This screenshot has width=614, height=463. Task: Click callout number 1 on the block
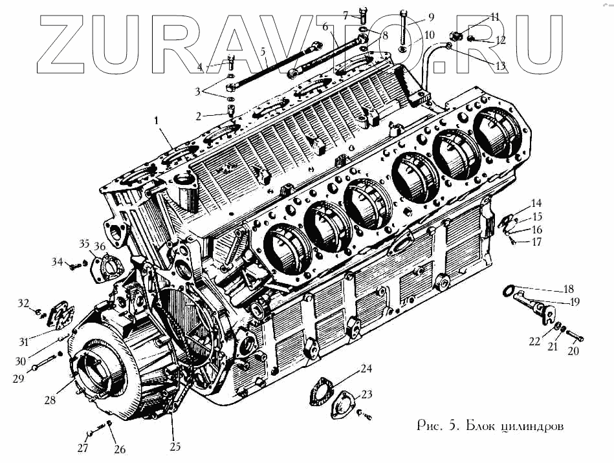click(x=156, y=120)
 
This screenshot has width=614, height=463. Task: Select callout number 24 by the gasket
click(x=367, y=369)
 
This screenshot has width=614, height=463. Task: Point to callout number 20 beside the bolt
click(x=573, y=352)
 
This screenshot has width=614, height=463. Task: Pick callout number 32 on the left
click(x=24, y=303)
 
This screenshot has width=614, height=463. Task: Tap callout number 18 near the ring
click(x=569, y=288)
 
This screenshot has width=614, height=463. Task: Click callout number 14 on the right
click(x=536, y=203)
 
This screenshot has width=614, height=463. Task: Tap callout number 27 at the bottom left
click(x=82, y=449)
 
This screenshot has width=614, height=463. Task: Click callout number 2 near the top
click(x=201, y=116)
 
